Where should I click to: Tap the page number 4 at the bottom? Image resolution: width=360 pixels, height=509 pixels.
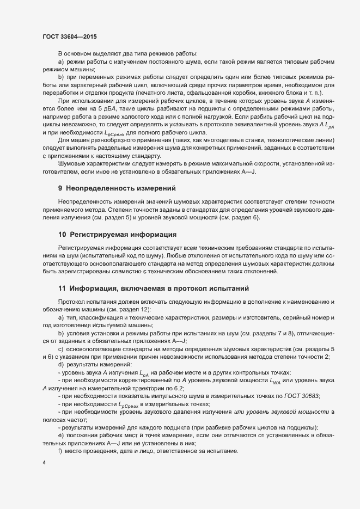(44, 463)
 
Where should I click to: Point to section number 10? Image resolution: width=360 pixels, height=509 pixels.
(62, 235)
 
